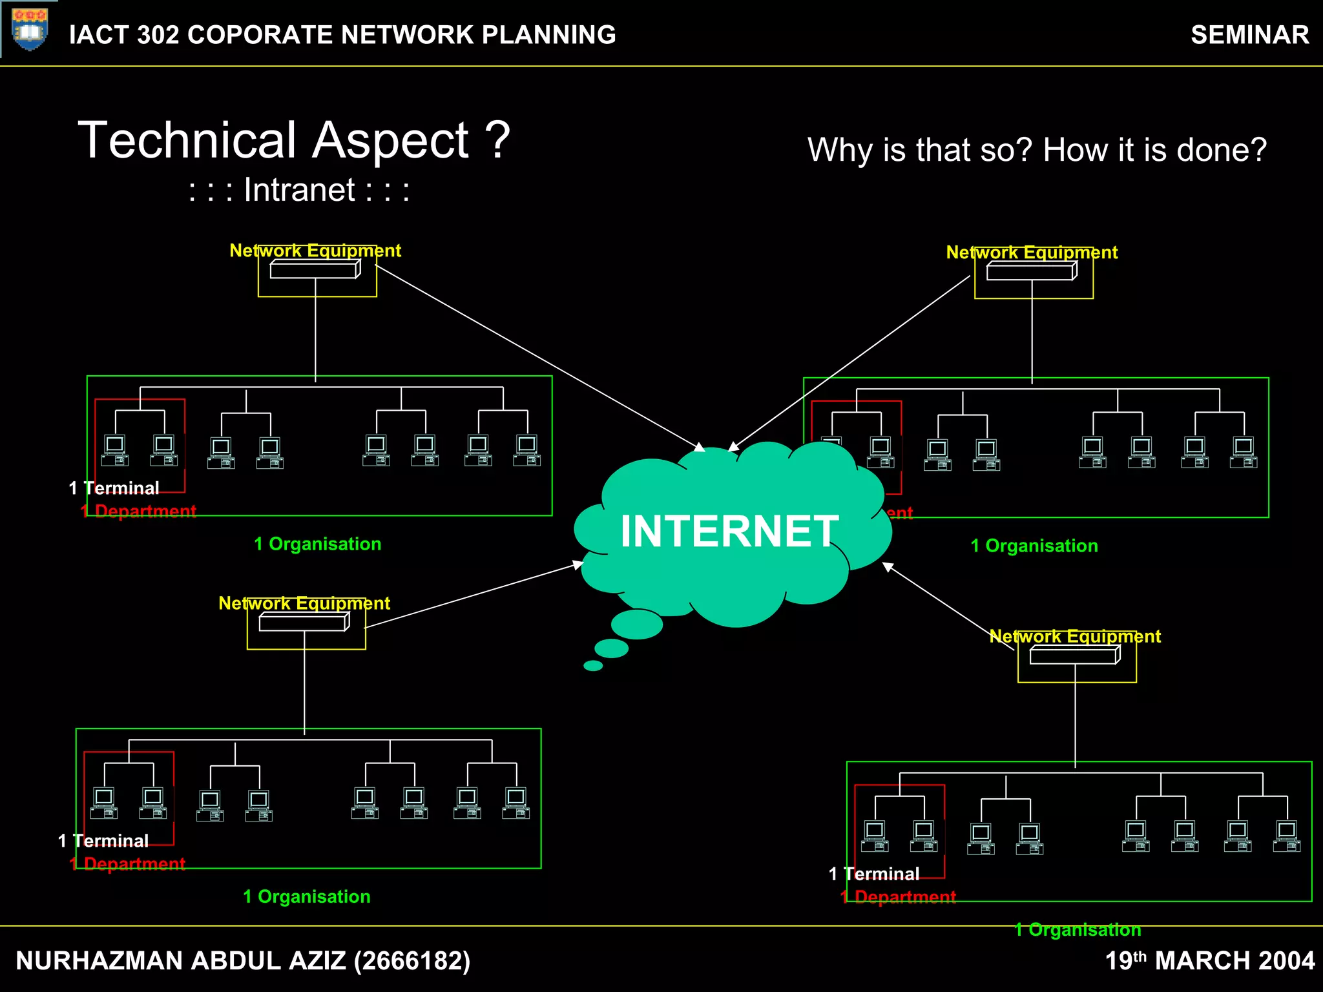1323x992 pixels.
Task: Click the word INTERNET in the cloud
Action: pyautogui.click(x=729, y=531)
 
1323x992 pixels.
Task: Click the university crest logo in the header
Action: pyautogui.click(x=30, y=30)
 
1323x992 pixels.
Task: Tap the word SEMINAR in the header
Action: pyautogui.click(x=1249, y=35)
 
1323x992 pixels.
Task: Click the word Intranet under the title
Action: pyautogui.click(x=299, y=190)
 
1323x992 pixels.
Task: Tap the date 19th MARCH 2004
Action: pyautogui.click(x=1209, y=960)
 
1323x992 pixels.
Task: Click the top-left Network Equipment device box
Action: pyautogui.click(x=315, y=270)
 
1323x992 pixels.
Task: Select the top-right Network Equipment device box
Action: pyautogui.click(x=1032, y=272)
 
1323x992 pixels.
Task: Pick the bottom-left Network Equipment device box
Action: pyautogui.click(x=304, y=623)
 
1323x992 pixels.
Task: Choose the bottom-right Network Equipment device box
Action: pyautogui.click(x=1075, y=656)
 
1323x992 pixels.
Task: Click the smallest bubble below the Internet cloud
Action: pyautogui.click(x=593, y=666)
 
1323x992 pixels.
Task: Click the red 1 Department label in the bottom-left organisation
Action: pyautogui.click(x=127, y=863)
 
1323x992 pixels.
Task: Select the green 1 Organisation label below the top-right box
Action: pyautogui.click(x=1034, y=546)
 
